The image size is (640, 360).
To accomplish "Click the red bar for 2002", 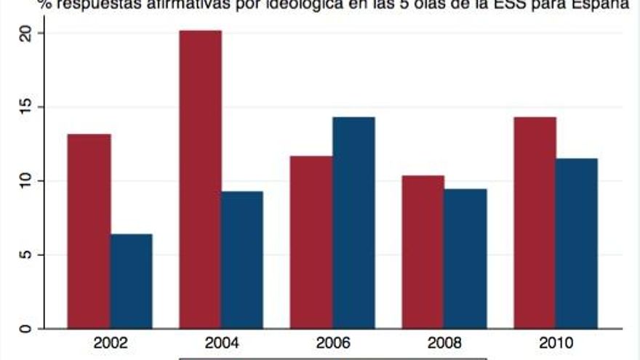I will click(x=89, y=231).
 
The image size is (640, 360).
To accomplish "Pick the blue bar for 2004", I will click(x=242, y=260).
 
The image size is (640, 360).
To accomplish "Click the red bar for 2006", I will click(x=312, y=241).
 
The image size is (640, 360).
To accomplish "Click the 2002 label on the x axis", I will click(x=110, y=343).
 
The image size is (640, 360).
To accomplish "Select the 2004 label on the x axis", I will click(x=222, y=343).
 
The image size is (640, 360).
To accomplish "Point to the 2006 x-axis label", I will click(x=333, y=343).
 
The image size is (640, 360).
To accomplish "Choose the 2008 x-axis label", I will click(x=444, y=343).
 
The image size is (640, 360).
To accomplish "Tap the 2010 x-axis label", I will click(x=556, y=343).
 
